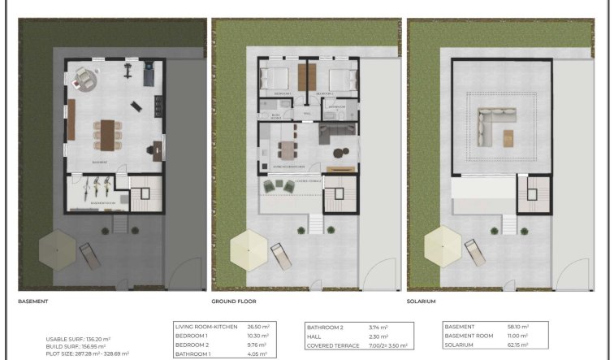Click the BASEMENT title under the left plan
(33, 301)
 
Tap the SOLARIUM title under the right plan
(422, 301)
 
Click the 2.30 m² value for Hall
(379, 336)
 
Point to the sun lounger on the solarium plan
(473, 254)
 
